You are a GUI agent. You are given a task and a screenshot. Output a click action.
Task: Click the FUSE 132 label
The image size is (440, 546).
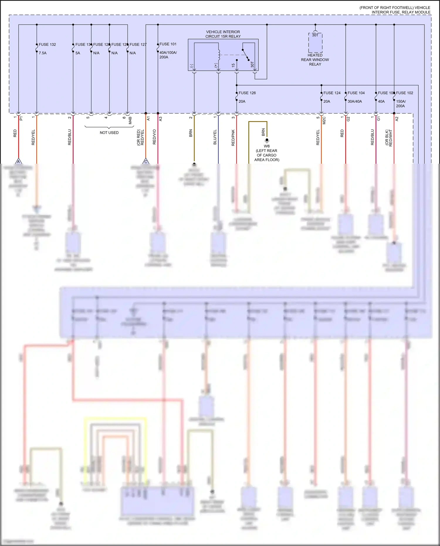47,45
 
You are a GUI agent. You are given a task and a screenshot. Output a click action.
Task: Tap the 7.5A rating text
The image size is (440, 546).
43,53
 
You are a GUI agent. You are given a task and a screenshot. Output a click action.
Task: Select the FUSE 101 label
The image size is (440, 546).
168,44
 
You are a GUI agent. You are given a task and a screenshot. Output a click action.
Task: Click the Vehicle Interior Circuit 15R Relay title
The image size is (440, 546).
223,34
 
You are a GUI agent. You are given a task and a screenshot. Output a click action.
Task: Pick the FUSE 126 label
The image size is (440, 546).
247,93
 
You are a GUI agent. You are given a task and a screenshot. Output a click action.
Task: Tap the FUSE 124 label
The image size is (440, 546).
332,93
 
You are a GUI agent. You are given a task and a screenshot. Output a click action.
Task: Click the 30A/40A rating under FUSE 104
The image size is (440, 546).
355,102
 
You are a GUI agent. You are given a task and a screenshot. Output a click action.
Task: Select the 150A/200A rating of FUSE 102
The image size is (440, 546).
401,104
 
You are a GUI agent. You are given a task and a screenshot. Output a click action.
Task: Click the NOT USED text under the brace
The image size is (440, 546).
109,133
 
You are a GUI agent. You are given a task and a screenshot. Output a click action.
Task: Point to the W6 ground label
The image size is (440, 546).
267,146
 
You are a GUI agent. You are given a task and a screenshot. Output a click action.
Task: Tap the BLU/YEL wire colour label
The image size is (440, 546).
215,137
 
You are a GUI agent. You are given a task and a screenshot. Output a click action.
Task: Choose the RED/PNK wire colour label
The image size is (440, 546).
233,138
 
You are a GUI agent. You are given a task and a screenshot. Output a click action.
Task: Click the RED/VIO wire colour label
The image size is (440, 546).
154,137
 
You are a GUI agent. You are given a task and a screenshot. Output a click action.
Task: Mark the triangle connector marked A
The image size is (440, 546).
18,161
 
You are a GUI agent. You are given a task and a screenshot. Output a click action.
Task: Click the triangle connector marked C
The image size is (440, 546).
146,161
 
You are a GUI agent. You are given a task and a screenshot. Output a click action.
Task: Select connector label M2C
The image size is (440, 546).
324,120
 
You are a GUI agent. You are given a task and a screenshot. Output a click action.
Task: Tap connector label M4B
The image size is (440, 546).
130,120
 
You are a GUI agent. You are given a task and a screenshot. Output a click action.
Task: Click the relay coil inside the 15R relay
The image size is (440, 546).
218,55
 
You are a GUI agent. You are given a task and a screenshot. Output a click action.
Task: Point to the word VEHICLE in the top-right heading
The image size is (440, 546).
422,8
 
